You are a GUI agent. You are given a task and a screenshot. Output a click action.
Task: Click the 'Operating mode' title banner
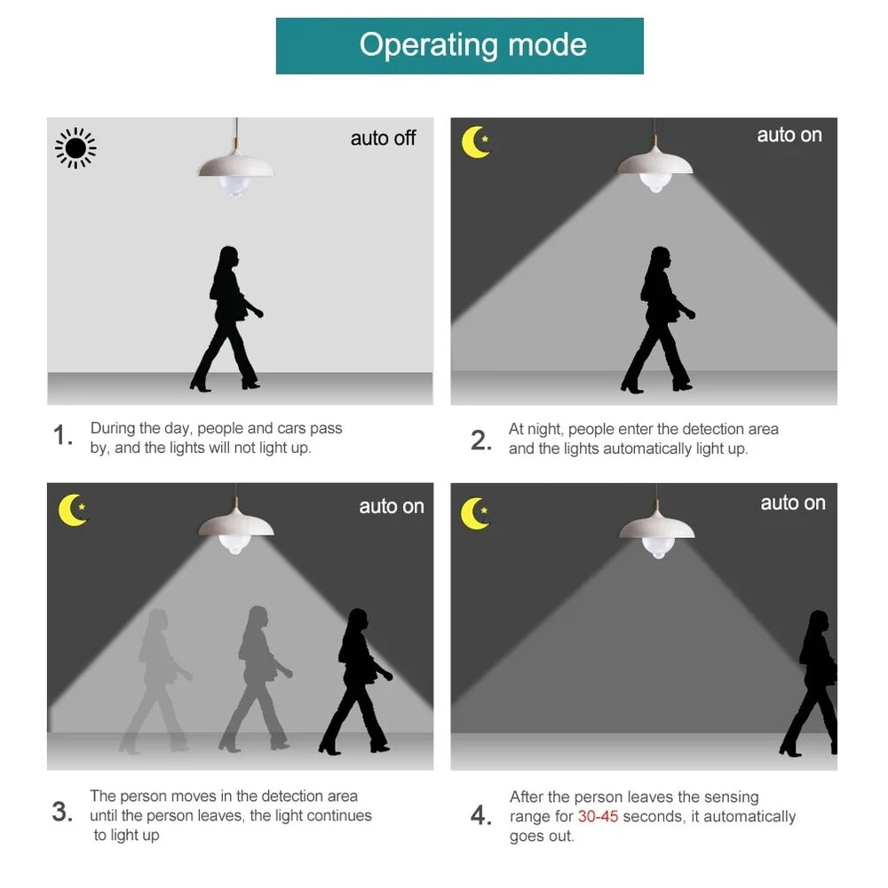(459, 46)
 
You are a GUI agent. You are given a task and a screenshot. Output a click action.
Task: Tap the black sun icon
(75, 148)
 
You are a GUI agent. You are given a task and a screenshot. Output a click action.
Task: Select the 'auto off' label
(383, 139)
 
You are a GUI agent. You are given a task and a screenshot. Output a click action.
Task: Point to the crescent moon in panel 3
(73, 510)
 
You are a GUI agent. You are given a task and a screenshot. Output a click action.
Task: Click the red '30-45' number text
(598, 816)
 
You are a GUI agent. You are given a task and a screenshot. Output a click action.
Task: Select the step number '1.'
(62, 435)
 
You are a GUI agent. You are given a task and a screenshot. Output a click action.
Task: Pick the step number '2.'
(480, 440)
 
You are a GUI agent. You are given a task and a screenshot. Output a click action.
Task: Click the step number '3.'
(62, 812)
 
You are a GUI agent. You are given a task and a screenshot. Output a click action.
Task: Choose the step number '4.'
(480, 815)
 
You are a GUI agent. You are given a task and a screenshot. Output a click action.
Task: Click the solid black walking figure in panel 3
(356, 681)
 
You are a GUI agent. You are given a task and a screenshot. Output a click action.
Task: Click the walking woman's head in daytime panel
(228, 258)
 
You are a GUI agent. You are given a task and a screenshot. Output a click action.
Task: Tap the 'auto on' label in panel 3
(392, 506)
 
